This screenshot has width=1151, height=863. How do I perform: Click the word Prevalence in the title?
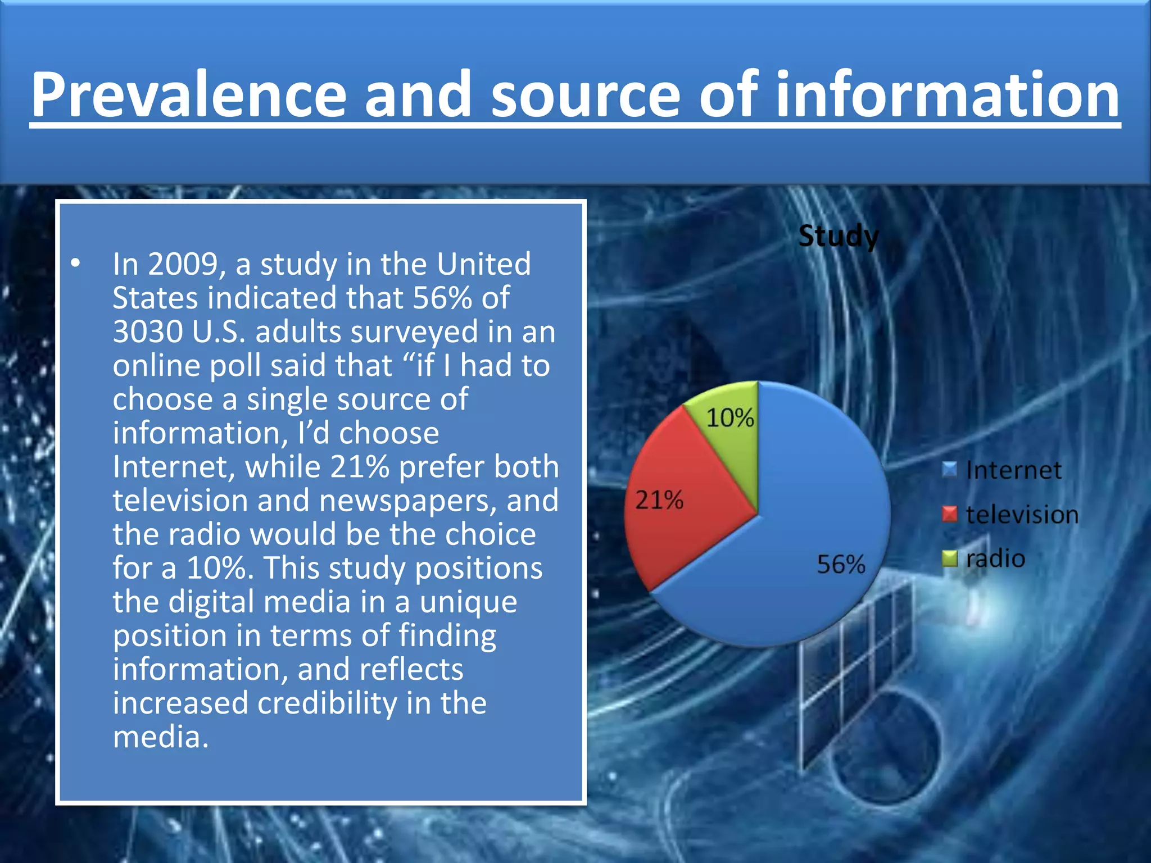(x=188, y=94)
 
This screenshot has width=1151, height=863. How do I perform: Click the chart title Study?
(x=838, y=236)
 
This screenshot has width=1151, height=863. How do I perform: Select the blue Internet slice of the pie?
(x=809, y=506)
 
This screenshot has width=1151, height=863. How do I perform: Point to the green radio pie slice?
(x=731, y=427)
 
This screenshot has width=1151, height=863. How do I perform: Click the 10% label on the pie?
(x=729, y=417)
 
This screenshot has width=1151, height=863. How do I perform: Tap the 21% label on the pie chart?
(x=659, y=499)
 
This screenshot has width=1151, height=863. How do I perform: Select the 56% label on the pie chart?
(x=840, y=564)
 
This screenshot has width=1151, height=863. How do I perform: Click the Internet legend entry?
(x=1013, y=470)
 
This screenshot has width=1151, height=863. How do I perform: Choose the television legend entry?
(x=1022, y=514)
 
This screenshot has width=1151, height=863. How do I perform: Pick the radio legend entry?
(x=995, y=558)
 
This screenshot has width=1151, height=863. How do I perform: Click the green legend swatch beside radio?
(x=949, y=558)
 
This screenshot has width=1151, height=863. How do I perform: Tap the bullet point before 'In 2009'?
(x=75, y=263)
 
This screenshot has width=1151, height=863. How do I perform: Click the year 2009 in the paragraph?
(x=183, y=264)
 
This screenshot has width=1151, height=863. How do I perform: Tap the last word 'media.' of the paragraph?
(x=161, y=736)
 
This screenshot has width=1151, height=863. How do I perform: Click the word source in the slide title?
(x=586, y=94)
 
